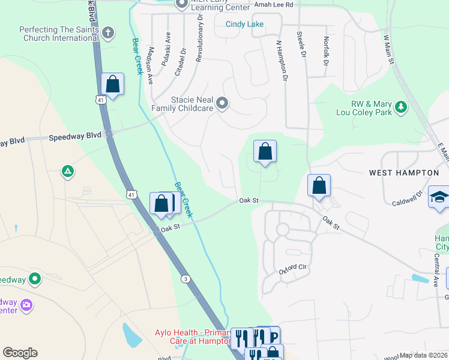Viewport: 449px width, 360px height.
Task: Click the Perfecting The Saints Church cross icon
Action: (x=108, y=32)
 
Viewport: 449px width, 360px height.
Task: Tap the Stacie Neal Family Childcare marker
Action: (x=223, y=104)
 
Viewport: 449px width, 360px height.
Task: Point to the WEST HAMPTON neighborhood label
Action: (x=403, y=173)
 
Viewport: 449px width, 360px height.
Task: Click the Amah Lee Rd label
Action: (x=273, y=4)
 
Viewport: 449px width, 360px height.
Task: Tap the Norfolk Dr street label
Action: (x=326, y=51)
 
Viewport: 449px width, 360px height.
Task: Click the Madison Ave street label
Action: (x=151, y=65)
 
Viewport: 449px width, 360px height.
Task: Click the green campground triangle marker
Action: (x=68, y=172)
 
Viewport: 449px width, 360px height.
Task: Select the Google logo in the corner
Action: (x=20, y=353)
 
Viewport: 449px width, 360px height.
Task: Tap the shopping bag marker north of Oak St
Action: (x=265, y=152)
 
